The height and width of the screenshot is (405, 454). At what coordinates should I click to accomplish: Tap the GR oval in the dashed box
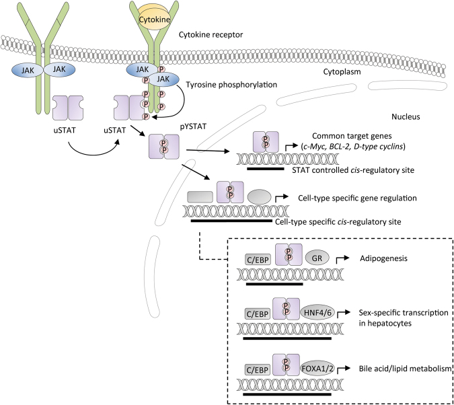tap(317, 258)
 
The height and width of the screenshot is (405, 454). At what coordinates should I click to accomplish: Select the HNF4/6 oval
tap(317, 313)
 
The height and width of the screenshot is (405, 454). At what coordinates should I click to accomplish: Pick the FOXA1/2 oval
tap(317, 368)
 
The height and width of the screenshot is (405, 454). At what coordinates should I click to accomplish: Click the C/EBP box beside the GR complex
tap(258, 259)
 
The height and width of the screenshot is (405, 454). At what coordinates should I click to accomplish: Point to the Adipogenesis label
tap(383, 258)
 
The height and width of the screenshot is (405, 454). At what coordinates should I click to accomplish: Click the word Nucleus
tap(406, 117)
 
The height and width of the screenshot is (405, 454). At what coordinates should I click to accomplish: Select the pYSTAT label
tap(193, 126)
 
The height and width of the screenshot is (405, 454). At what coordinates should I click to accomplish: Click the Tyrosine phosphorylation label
tap(231, 85)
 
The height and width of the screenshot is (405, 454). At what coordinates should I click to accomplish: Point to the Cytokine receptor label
tap(211, 35)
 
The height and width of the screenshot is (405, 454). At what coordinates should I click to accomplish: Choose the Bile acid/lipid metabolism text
tap(405, 369)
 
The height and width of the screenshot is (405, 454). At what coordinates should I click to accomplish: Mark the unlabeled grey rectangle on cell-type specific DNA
tap(200, 196)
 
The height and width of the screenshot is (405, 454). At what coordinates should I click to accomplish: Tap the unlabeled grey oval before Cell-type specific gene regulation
tap(259, 197)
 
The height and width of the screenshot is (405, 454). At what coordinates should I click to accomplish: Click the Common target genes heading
tap(352, 136)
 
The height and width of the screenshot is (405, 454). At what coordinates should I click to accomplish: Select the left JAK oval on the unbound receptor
tap(28, 71)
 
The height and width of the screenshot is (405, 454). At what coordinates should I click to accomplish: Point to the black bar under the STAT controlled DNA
tap(265, 168)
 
